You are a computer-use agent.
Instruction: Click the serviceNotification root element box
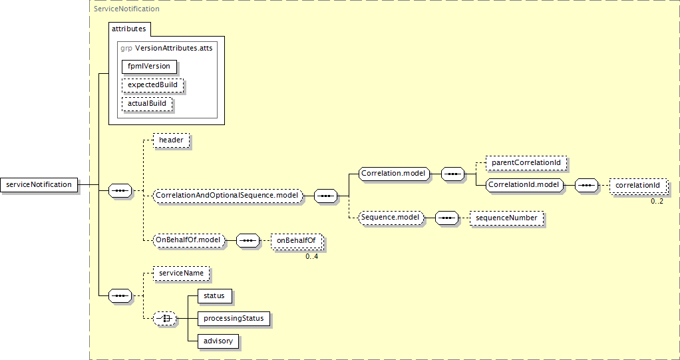[39, 184]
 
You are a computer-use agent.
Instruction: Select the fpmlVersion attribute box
[149, 66]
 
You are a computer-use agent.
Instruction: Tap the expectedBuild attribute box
[152, 85]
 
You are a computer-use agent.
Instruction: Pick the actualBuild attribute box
[147, 104]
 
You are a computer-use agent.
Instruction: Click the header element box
[171, 140]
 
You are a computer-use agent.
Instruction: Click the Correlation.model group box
[393, 174]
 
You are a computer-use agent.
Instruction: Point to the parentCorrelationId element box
[526, 162]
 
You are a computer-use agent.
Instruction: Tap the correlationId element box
[637, 185]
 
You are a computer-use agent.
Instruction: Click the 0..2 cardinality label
[657, 201]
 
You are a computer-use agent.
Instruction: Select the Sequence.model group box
[390, 218]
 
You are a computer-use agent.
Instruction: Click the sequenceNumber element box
[506, 218]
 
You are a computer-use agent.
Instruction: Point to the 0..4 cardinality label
[311, 256]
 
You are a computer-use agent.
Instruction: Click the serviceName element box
[181, 273]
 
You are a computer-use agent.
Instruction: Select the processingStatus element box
[234, 319]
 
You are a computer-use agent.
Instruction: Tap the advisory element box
[218, 341]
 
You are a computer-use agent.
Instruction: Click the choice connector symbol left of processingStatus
[164, 319]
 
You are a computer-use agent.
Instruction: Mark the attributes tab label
[130, 29]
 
